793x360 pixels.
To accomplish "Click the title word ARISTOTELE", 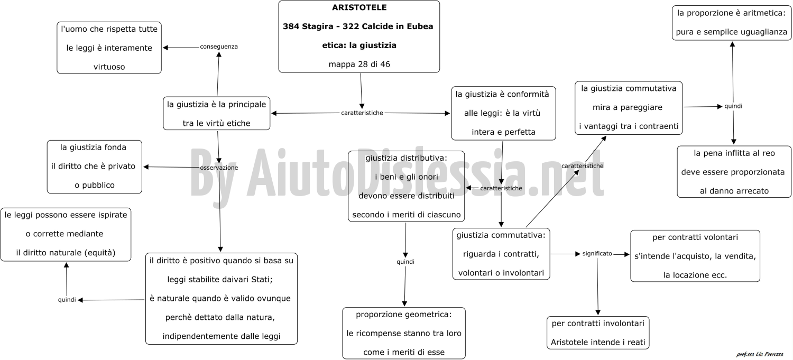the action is (x=359, y=7).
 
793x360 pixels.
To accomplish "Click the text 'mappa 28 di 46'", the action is (x=359, y=64).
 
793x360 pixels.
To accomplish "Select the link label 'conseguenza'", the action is (x=219, y=47).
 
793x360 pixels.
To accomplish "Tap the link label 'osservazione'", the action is (x=219, y=168).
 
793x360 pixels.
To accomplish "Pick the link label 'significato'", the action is (x=597, y=253).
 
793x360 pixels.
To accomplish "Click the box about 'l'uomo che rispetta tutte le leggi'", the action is (x=109, y=48).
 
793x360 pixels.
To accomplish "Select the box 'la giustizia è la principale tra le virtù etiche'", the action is (x=216, y=113).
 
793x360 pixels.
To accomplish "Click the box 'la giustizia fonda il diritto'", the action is (x=95, y=167).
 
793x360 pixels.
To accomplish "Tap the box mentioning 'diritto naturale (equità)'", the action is (x=66, y=234).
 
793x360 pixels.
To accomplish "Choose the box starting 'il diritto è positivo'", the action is (x=222, y=298).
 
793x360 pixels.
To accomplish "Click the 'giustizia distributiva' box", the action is (x=406, y=186).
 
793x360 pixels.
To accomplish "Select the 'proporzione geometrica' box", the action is (x=403, y=333).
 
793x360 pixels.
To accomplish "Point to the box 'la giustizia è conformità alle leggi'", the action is (x=503, y=113).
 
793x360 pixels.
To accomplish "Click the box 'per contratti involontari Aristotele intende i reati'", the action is (x=598, y=333).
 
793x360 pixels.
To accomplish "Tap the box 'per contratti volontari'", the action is (x=695, y=256).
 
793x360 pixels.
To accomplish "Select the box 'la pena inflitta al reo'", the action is (x=734, y=172).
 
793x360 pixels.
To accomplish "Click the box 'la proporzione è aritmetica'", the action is (x=731, y=23).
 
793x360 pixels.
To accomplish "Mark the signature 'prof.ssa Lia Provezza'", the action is (x=759, y=354).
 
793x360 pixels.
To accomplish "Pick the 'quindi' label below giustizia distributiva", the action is (x=405, y=262).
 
